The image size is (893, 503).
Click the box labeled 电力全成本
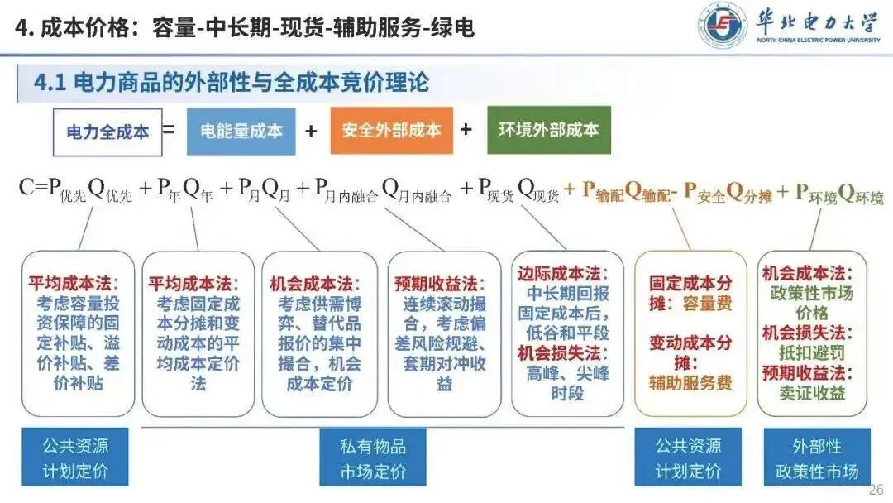tap(106, 132)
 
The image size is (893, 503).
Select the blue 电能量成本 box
tap(241, 131)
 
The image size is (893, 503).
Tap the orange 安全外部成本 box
tap(391, 131)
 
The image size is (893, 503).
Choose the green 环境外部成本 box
tap(549, 130)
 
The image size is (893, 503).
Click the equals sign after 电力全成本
tap(169, 130)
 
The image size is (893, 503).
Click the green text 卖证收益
tap(811, 393)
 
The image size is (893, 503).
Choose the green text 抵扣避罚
tap(811, 353)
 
